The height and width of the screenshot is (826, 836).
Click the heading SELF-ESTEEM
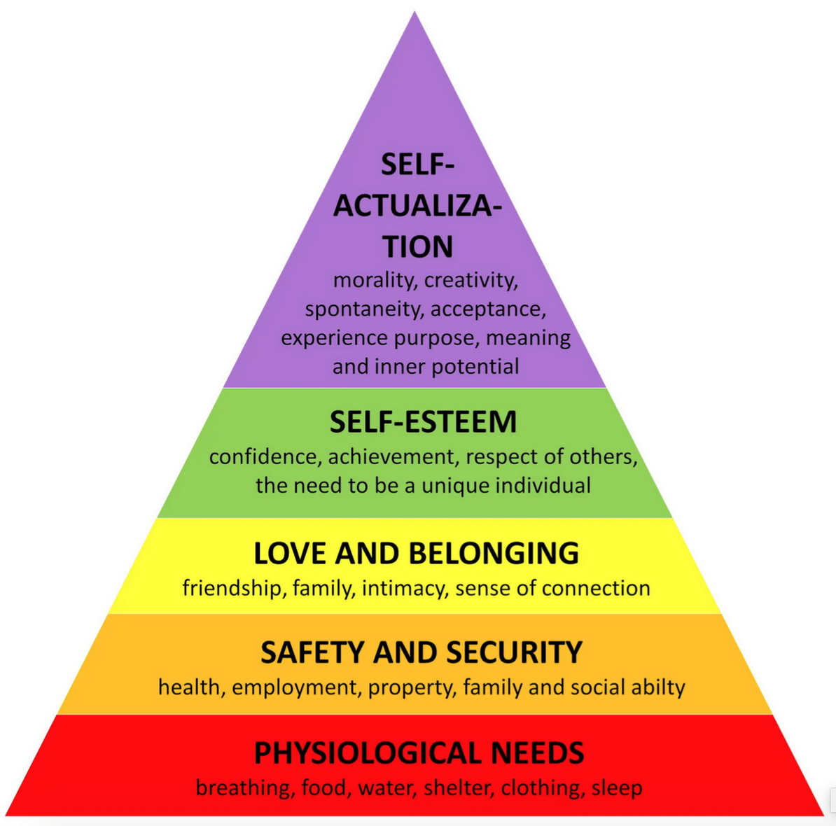coord(423,422)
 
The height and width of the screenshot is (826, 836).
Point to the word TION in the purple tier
coord(418,247)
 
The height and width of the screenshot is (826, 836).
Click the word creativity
coord(471,280)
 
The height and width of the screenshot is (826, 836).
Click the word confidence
coord(265,457)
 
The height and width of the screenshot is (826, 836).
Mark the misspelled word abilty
coord(657,687)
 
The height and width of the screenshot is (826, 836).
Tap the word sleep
coord(617,788)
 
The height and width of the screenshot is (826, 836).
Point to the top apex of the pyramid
coord(415,13)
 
